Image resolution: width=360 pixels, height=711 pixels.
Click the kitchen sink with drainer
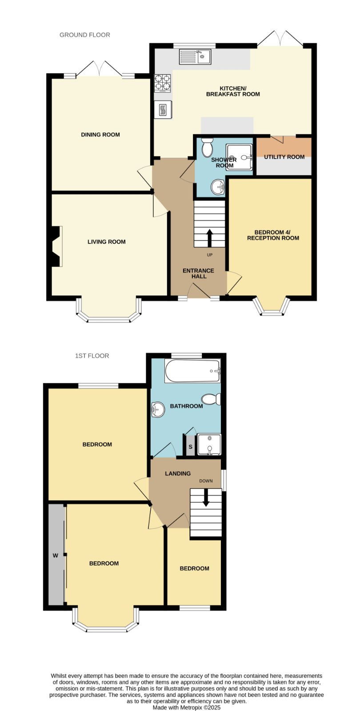tap(195, 56)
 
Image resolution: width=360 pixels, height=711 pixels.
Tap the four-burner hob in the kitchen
tap(162, 83)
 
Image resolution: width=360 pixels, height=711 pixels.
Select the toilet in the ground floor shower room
tap(208, 146)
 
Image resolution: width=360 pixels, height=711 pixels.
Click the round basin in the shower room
tap(218, 187)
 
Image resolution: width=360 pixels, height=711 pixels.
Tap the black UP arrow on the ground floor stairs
tap(209, 238)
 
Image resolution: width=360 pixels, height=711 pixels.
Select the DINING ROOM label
tap(100, 135)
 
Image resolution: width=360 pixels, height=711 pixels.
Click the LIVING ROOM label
tap(106, 242)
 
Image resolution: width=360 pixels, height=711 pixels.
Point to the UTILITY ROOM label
tap(284, 157)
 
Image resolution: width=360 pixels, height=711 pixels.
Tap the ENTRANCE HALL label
tap(198, 273)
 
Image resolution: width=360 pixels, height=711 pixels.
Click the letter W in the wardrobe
tap(56, 555)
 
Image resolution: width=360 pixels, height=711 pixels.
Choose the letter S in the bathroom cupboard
tap(191, 447)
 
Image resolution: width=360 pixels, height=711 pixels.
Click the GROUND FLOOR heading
tap(85, 35)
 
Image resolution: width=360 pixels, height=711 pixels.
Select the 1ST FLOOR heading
tap(92, 356)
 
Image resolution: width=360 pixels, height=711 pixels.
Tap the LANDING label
tap(178, 474)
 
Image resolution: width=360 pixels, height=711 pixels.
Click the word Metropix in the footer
tap(192, 707)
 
